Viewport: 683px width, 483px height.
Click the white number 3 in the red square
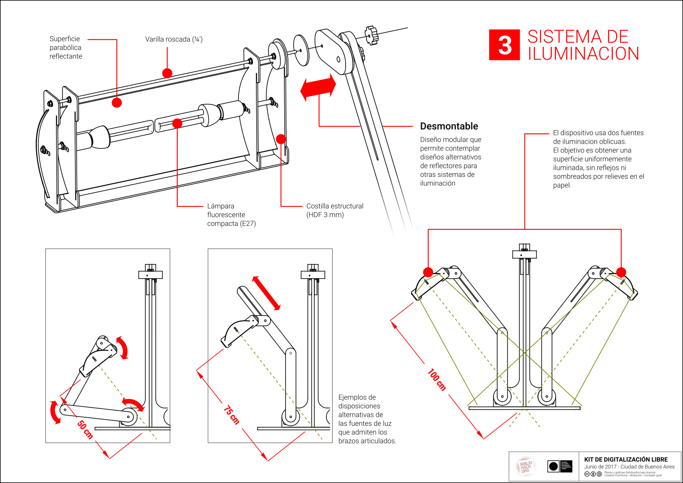tap(504, 45)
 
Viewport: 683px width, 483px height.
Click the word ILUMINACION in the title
tap(583, 54)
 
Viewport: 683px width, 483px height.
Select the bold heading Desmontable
tap(449, 126)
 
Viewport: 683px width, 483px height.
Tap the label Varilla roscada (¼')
tap(174, 39)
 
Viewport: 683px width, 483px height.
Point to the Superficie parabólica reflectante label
tap(66, 47)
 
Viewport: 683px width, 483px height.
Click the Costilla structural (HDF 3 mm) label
tap(335, 210)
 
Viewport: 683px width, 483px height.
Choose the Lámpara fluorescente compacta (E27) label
tap(231, 215)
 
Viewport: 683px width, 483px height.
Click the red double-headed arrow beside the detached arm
tap(318, 87)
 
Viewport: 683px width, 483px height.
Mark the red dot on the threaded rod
tap(167, 73)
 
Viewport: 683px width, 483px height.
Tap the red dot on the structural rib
tap(281, 139)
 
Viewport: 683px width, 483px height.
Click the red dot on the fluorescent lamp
tap(177, 123)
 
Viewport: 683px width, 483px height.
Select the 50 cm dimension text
tap(85, 430)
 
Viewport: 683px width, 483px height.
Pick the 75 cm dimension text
tap(232, 415)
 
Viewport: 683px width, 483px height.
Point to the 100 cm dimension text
tap(437, 380)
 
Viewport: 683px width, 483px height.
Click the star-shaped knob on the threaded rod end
tap(371, 35)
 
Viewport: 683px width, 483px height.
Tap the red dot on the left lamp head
tap(428, 272)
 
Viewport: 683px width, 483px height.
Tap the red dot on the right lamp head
tap(621, 272)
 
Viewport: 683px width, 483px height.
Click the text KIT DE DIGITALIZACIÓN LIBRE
tap(626, 459)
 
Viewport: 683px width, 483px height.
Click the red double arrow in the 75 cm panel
tap(266, 293)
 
